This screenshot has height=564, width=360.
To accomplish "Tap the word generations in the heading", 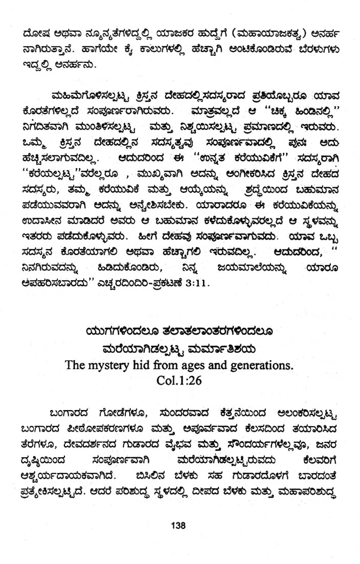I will [264, 366].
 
